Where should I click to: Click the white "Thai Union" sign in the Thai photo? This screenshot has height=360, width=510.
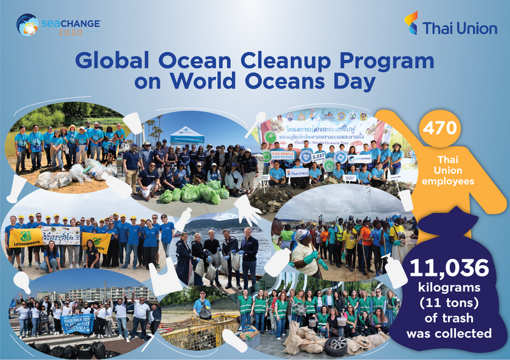[298, 172]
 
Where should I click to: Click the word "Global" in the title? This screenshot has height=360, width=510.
[115, 61]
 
